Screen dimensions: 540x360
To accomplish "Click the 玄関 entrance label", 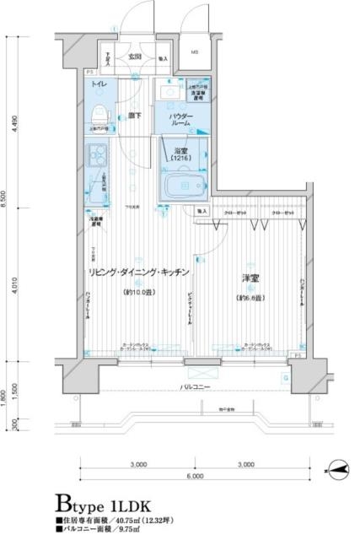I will click(134, 57).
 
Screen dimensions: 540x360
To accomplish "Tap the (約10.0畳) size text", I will click(140, 292).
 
